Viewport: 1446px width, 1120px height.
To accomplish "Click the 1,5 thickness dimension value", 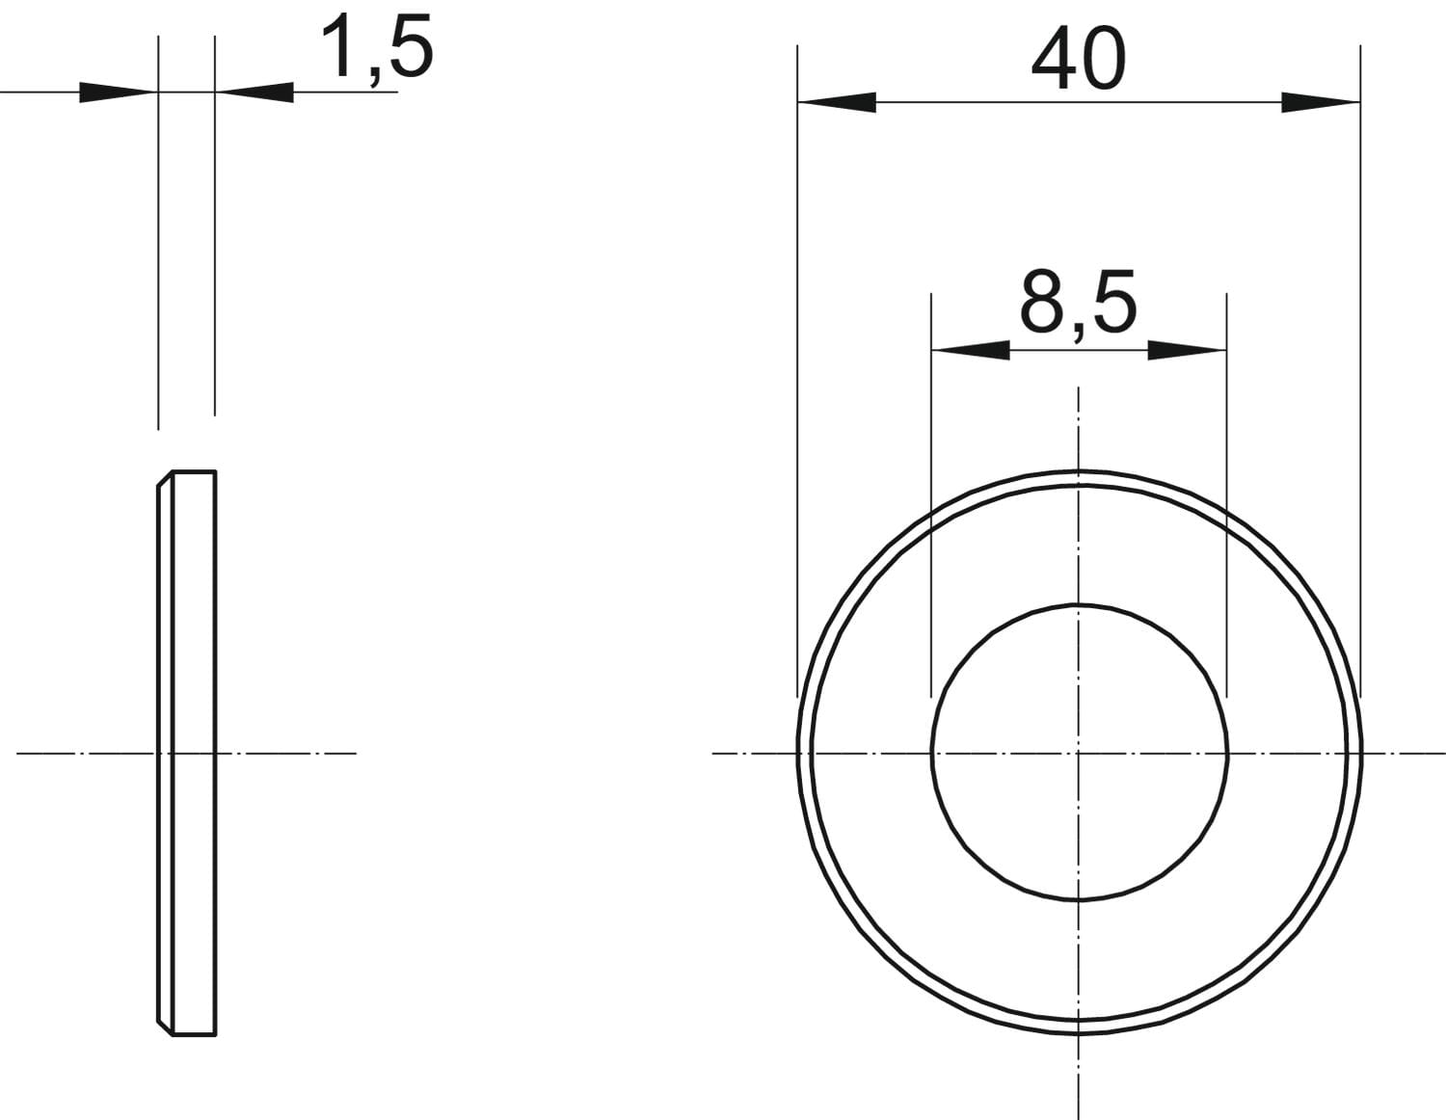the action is pyautogui.click(x=377, y=49).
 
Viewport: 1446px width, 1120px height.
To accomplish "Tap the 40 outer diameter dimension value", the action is pyautogui.click(x=1079, y=59).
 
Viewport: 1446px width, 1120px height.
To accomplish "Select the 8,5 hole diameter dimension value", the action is pyautogui.click(x=1078, y=303).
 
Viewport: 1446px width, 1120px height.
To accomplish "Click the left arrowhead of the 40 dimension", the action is pyautogui.click(x=837, y=102).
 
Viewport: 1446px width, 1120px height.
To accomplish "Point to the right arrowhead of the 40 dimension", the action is pyautogui.click(x=1321, y=102).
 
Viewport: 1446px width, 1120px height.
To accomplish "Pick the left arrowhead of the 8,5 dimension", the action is pyautogui.click(x=971, y=350).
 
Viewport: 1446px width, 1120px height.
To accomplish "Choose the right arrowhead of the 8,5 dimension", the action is pyautogui.click(x=1187, y=350).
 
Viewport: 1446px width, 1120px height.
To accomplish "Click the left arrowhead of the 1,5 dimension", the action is pyautogui.click(x=119, y=93).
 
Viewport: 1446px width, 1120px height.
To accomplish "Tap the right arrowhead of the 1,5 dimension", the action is pyautogui.click(x=254, y=93).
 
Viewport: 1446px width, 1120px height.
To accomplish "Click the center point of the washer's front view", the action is pyautogui.click(x=1078, y=754).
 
